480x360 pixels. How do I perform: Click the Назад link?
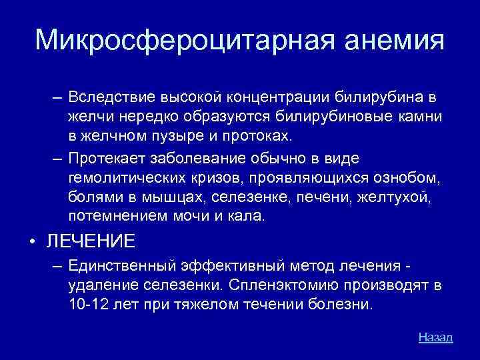click(x=435, y=337)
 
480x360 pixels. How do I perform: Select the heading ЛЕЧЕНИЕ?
click(x=91, y=241)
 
